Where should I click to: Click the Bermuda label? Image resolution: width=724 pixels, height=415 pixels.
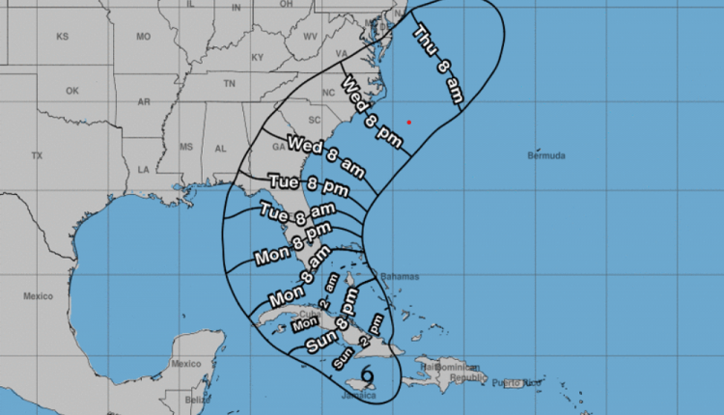tap(545, 155)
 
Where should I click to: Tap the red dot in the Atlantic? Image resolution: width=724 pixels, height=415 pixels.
tap(409, 122)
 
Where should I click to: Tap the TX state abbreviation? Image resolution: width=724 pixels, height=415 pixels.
tap(37, 154)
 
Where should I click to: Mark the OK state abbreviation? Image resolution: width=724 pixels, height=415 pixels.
tap(72, 92)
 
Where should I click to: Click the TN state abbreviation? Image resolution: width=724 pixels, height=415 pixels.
tap(229, 84)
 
